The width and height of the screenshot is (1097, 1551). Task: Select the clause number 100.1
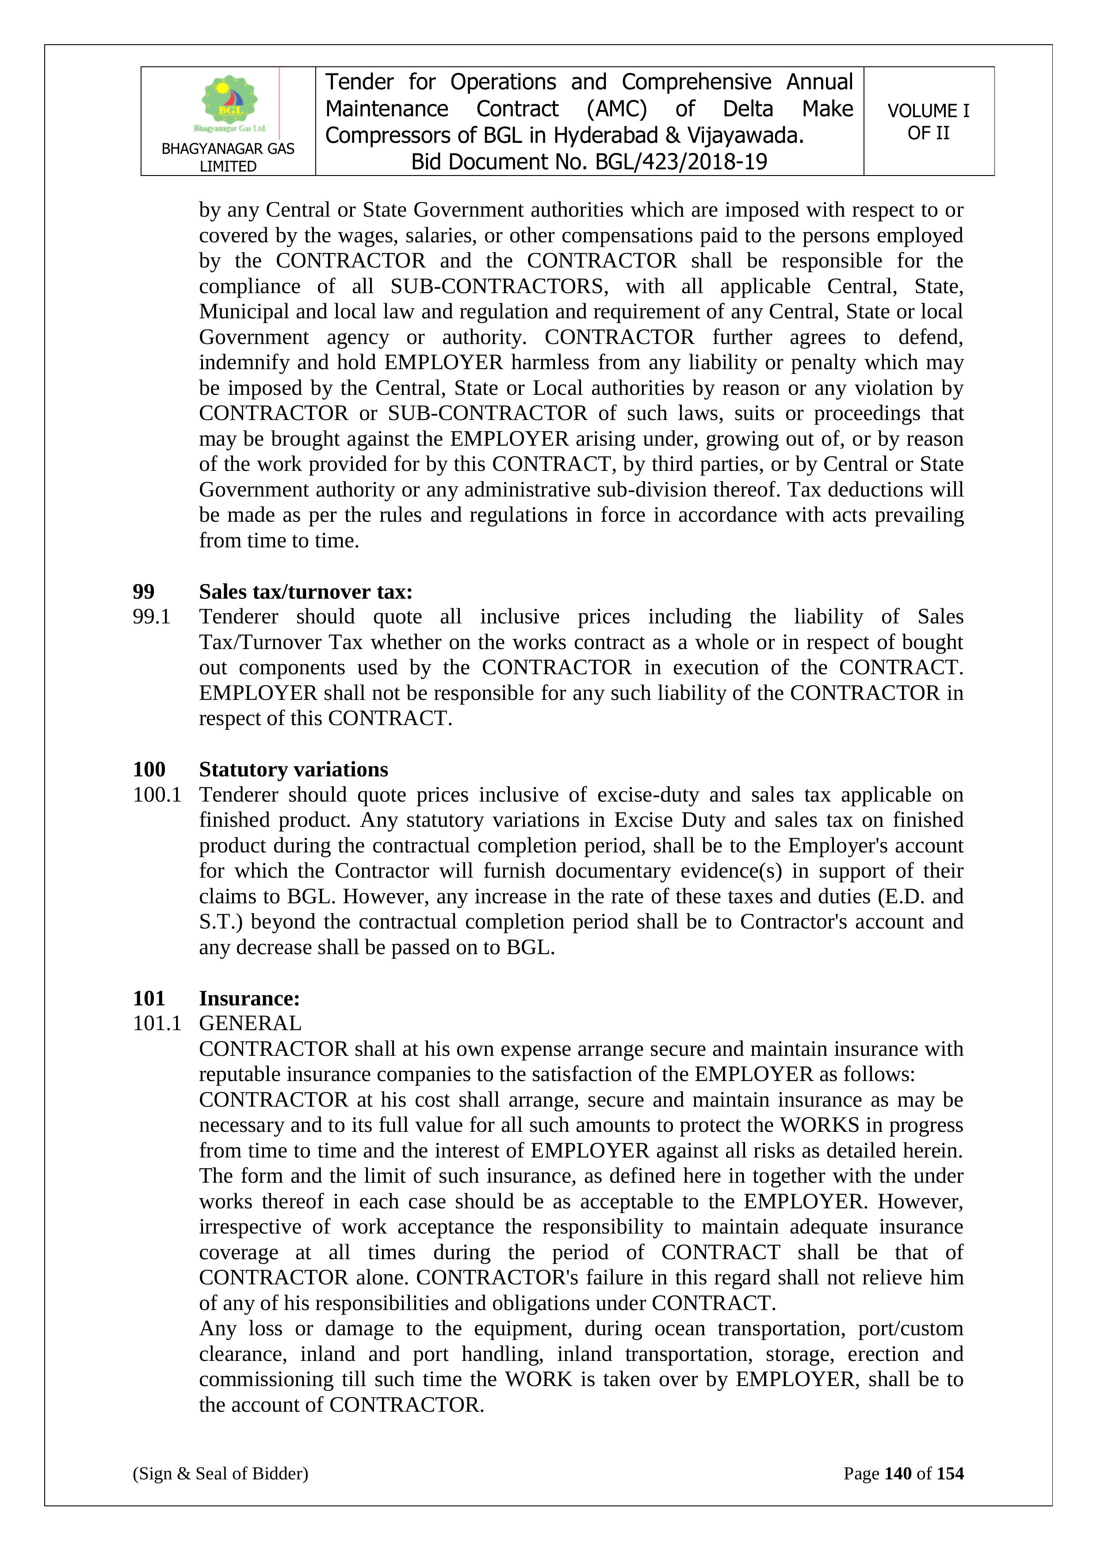157,795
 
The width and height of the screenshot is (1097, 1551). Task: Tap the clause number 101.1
157,1024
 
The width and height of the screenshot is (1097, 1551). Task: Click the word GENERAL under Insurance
250,1024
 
